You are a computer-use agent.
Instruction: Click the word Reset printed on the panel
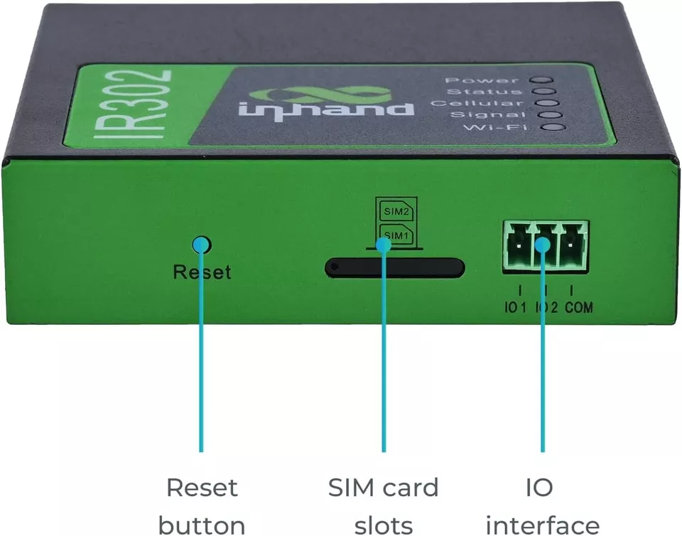coord(202,272)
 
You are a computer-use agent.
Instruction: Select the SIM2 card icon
coord(394,211)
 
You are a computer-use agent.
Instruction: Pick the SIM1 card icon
coord(394,234)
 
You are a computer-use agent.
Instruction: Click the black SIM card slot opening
coord(394,268)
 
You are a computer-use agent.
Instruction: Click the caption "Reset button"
coord(202,506)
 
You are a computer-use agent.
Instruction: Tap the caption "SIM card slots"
coord(384,506)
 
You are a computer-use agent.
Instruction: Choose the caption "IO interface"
coord(543,506)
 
